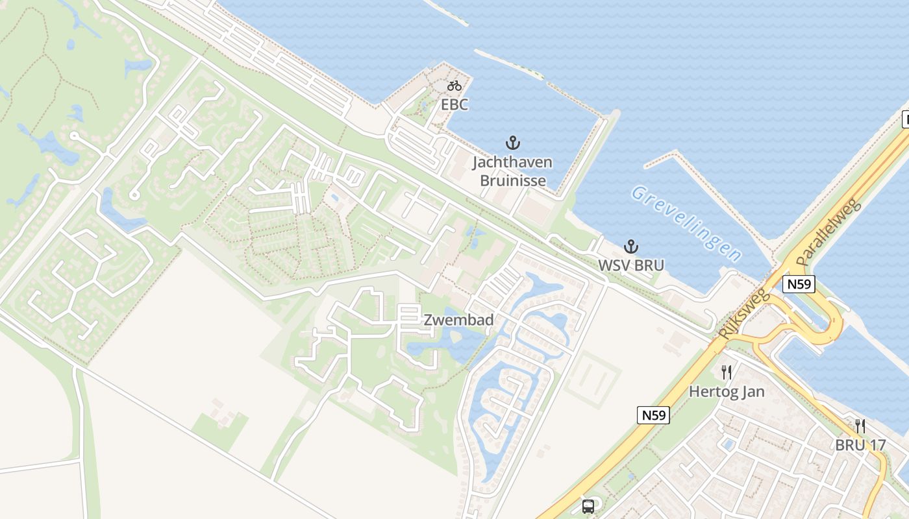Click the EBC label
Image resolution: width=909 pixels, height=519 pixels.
pos(454,104)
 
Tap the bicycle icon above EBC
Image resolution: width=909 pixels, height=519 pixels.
pos(454,86)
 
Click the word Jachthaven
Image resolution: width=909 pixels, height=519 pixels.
pos(512,162)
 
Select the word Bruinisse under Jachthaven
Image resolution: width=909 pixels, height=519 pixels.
pos(512,180)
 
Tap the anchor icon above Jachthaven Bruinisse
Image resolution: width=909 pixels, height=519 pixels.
pos(513,142)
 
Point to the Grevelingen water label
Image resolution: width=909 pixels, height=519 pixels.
pos(686,223)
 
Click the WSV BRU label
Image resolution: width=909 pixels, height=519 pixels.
pos(630,266)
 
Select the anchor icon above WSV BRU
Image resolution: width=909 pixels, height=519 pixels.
pos(630,247)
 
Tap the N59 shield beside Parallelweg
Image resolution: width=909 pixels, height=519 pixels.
pos(798,284)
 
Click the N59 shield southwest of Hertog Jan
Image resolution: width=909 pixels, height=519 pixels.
pos(653,415)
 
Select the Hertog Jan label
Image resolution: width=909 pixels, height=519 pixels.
pos(727,392)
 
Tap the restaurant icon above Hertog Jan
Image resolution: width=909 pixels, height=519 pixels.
pos(727,372)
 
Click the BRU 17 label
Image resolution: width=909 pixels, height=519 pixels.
pos(860,446)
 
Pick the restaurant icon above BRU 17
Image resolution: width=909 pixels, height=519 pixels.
pos(860,426)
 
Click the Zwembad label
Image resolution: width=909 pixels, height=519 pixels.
pos(458,320)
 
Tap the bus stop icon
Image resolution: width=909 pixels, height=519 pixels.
pos(588,506)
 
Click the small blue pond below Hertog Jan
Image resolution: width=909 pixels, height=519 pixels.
pos(728,445)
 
